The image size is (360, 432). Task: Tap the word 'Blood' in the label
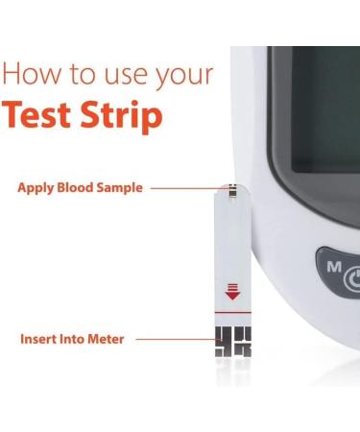point(77,188)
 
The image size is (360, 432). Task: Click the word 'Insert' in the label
point(37,339)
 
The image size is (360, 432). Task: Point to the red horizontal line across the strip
point(231,315)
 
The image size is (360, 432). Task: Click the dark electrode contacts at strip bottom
point(231,342)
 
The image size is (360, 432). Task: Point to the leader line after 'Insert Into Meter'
point(169,339)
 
